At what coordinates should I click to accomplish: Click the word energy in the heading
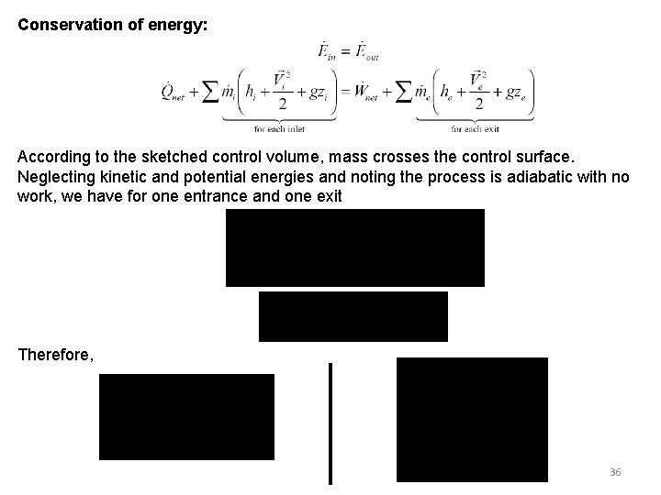[x=181, y=26]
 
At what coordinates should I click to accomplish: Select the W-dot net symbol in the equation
[x=371, y=92]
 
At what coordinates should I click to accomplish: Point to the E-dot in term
[x=325, y=49]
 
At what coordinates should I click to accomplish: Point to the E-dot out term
[x=367, y=49]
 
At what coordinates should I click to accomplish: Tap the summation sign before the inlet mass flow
[x=209, y=92]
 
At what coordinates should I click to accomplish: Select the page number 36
[x=615, y=472]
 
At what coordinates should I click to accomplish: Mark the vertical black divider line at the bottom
[x=330, y=423]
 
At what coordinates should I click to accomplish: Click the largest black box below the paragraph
[x=355, y=247]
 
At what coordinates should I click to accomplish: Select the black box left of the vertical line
[x=186, y=416]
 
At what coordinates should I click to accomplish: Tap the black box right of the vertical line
[x=472, y=419]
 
